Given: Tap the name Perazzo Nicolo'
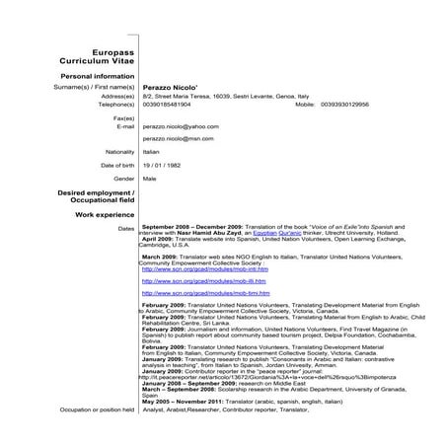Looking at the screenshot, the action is click(174, 87).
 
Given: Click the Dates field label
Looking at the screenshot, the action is click(125, 228).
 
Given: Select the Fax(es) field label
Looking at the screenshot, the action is click(124, 117).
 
